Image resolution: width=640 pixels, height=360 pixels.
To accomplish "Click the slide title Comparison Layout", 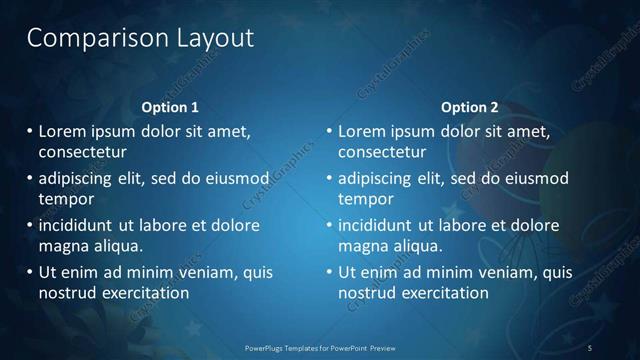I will (x=140, y=39).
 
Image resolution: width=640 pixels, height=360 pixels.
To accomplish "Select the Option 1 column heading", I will (x=170, y=107).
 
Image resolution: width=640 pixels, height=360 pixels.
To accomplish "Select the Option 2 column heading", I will (x=469, y=107).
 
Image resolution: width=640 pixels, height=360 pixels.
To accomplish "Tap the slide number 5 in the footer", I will (x=590, y=347).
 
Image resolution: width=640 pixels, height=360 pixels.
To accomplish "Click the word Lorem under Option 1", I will (x=64, y=131).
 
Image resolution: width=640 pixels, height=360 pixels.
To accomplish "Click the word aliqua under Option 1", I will (x=118, y=246).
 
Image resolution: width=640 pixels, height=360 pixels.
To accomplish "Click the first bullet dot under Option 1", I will (x=30, y=131).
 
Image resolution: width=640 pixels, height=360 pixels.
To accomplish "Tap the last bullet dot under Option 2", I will (x=329, y=272).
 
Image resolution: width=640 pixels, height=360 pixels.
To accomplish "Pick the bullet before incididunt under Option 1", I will (x=30, y=225).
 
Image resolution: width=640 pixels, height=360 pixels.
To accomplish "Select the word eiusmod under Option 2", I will (x=535, y=178).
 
